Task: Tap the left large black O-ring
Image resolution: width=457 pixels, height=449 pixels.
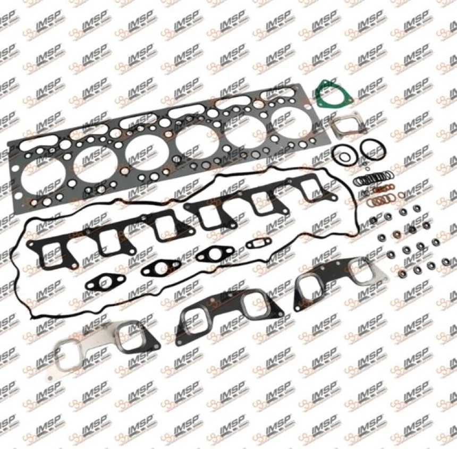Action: pyautogui.click(x=344, y=154)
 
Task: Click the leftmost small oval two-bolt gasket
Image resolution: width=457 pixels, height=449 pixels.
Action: pyautogui.click(x=105, y=281)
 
